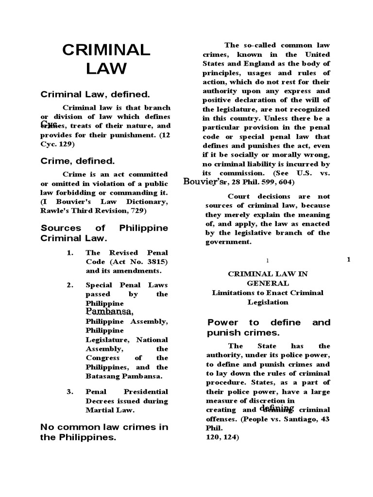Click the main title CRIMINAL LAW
[x=105, y=59]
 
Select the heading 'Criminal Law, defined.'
[x=95, y=94]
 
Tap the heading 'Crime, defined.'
[x=78, y=161]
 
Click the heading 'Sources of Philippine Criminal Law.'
[x=104, y=233]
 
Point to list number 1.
[x=70, y=253]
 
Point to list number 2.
[x=70, y=285]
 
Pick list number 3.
[x=70, y=391]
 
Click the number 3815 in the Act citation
[x=157, y=262]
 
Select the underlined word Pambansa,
[x=109, y=311]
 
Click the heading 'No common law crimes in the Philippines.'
[x=104, y=432]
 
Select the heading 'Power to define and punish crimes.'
[x=269, y=327]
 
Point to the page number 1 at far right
[x=348, y=260]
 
